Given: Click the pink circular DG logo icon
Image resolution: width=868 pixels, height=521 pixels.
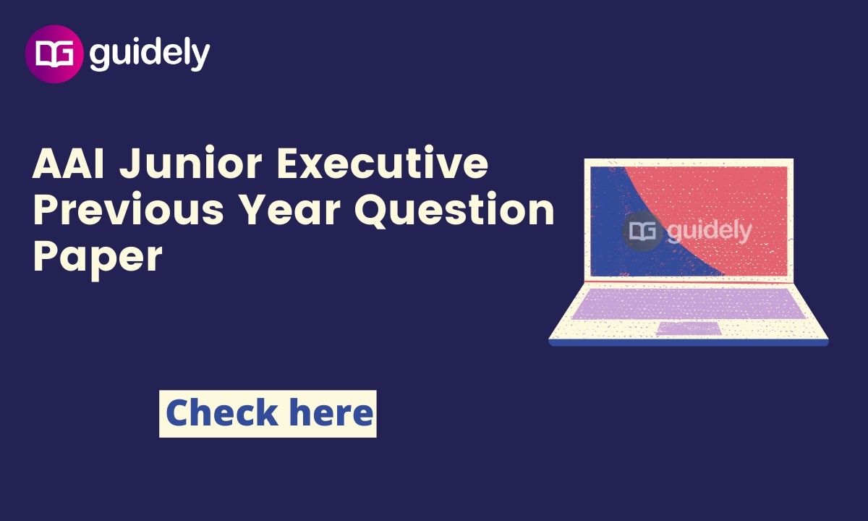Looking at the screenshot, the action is click(x=54, y=54).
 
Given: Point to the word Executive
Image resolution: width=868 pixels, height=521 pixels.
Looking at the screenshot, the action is click(x=383, y=162).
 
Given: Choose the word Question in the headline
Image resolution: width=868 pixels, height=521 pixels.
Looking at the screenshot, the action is click(x=454, y=210).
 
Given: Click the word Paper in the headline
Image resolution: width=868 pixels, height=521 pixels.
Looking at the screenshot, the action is click(x=98, y=258).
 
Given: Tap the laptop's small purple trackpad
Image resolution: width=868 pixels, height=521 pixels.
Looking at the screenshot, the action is click(x=689, y=329).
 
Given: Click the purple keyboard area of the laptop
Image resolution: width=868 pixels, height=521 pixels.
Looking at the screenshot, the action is click(x=689, y=303).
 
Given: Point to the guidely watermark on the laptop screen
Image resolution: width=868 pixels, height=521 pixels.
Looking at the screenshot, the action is click(x=710, y=232).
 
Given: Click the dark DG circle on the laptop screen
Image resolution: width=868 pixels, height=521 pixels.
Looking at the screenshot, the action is click(x=642, y=231).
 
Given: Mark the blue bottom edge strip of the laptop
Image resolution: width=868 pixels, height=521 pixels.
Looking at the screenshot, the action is click(x=689, y=343).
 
